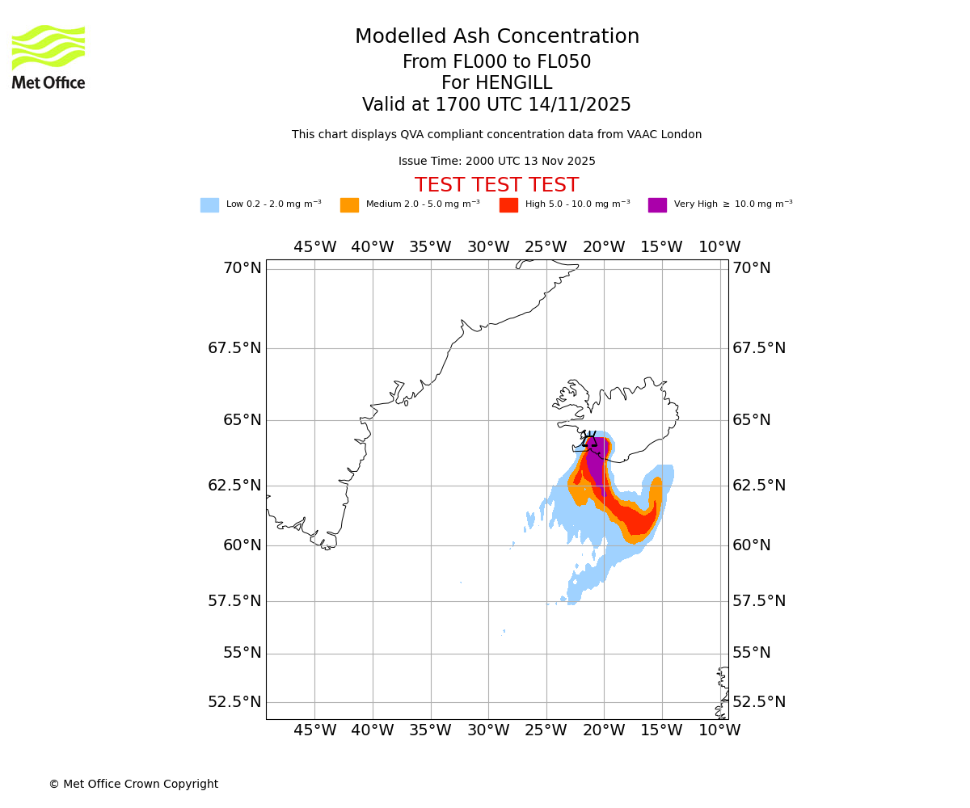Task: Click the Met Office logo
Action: (48, 57)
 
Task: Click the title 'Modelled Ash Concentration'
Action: (496, 37)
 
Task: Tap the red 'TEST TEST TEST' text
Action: (496, 185)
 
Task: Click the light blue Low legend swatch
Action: (209, 205)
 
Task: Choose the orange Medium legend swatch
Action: (349, 205)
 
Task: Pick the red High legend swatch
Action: (508, 205)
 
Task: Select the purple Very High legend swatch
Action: (657, 205)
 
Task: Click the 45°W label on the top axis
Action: (314, 247)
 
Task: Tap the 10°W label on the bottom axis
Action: (719, 730)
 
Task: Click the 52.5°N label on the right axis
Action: (758, 701)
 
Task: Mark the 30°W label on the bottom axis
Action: (488, 730)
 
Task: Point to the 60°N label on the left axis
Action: (242, 545)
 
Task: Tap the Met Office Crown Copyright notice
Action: (133, 784)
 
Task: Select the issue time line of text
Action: (496, 162)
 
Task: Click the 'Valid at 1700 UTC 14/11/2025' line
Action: (496, 105)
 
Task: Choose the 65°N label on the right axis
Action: (752, 420)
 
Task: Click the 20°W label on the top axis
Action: (604, 247)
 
